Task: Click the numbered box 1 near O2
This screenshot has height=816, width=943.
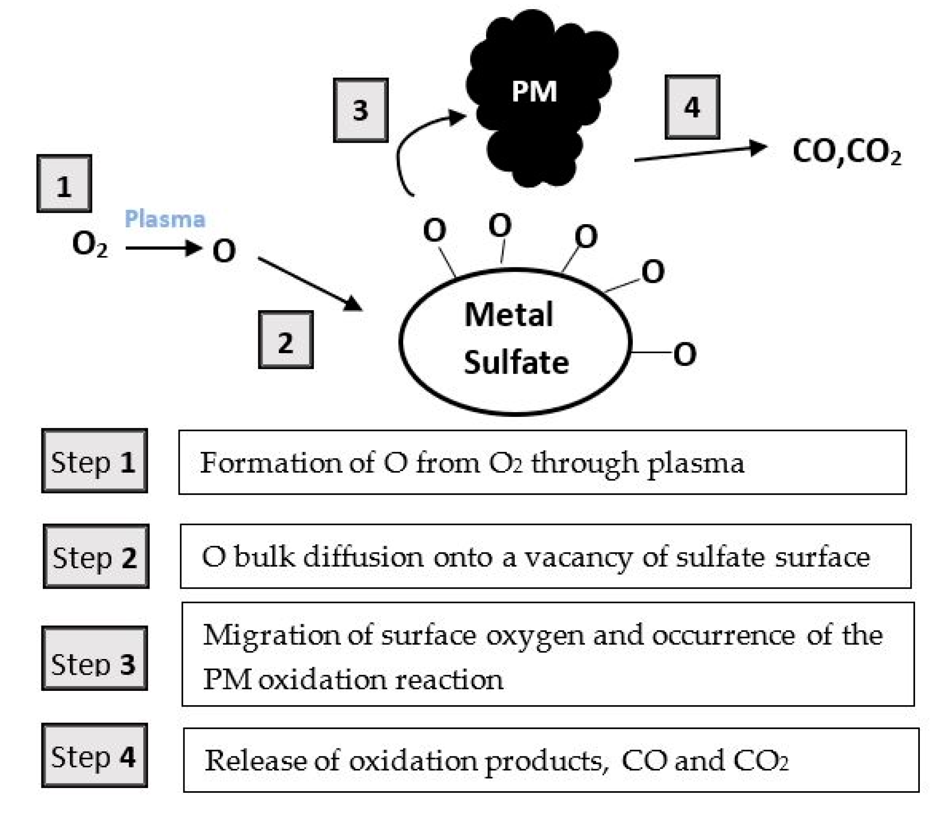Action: pyautogui.click(x=64, y=184)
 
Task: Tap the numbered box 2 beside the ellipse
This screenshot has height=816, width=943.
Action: pyautogui.click(x=286, y=339)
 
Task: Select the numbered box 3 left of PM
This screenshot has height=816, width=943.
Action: pyautogui.click(x=360, y=110)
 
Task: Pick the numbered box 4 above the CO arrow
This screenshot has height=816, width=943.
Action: pyautogui.click(x=692, y=107)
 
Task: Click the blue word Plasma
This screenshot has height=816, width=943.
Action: pyautogui.click(x=165, y=219)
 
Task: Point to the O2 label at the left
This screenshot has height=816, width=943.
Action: pyautogui.click(x=90, y=245)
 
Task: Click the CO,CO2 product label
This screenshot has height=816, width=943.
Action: pyautogui.click(x=847, y=152)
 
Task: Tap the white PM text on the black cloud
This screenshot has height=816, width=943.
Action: pyautogui.click(x=535, y=91)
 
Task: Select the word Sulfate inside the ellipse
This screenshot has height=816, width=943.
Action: pyautogui.click(x=516, y=363)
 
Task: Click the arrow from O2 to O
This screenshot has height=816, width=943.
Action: pyautogui.click(x=163, y=248)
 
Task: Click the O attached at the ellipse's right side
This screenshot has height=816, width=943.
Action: pyautogui.click(x=685, y=354)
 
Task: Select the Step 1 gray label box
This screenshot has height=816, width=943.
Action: pyautogui.click(x=94, y=461)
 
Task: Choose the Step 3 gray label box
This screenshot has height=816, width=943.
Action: pyautogui.click(x=94, y=658)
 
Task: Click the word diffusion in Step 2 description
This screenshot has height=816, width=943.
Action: pyautogui.click(x=363, y=557)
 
